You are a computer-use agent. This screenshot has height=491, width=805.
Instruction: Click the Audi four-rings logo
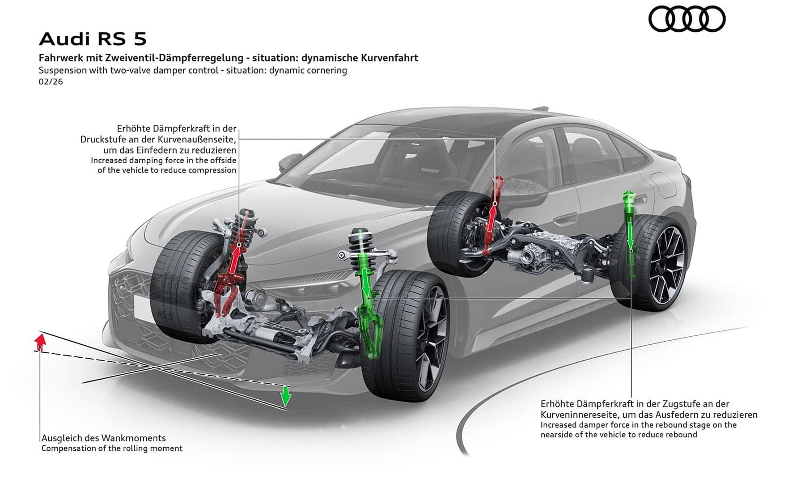(686, 19)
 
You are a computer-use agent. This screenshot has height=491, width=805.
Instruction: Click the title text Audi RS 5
(93, 39)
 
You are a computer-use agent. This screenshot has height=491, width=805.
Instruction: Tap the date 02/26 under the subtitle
(51, 82)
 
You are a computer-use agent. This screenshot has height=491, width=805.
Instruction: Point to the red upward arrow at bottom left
(40, 342)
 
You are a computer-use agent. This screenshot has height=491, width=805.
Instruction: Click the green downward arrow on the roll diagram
(285, 396)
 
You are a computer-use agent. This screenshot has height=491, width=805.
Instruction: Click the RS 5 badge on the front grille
(165, 315)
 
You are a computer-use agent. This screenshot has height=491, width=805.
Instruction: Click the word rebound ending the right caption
(682, 435)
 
